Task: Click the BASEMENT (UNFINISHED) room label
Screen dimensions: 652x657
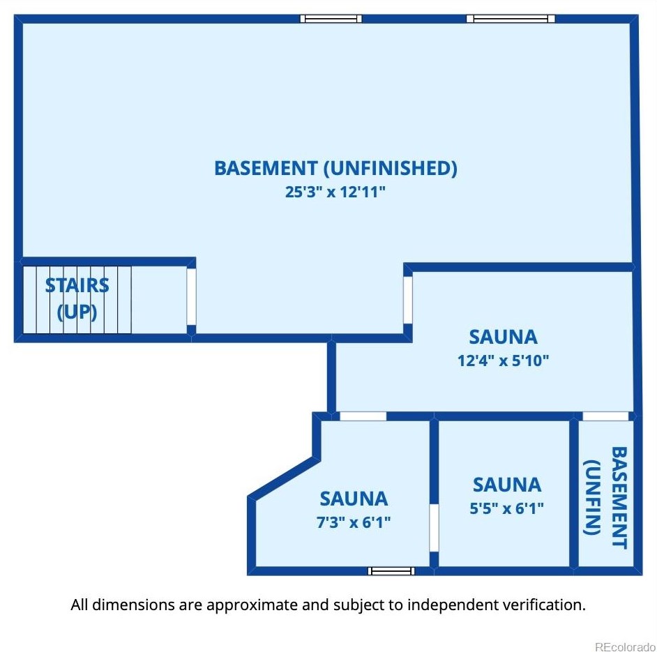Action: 335,168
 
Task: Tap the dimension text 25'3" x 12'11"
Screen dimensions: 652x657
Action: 335,192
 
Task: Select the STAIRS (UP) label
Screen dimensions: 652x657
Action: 77,298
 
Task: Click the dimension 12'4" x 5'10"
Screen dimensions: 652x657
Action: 504,361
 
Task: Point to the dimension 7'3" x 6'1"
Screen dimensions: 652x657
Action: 354,522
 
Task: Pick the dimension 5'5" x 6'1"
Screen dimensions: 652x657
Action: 507,508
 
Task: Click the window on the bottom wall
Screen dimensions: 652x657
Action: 391,571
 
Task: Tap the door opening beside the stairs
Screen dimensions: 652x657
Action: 191,296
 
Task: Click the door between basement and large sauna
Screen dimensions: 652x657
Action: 408,300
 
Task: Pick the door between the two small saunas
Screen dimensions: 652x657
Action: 434,528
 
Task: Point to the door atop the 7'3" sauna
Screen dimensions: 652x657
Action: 363,416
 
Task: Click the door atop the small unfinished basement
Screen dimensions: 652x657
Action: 605,416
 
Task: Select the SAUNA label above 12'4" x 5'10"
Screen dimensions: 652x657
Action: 504,337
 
